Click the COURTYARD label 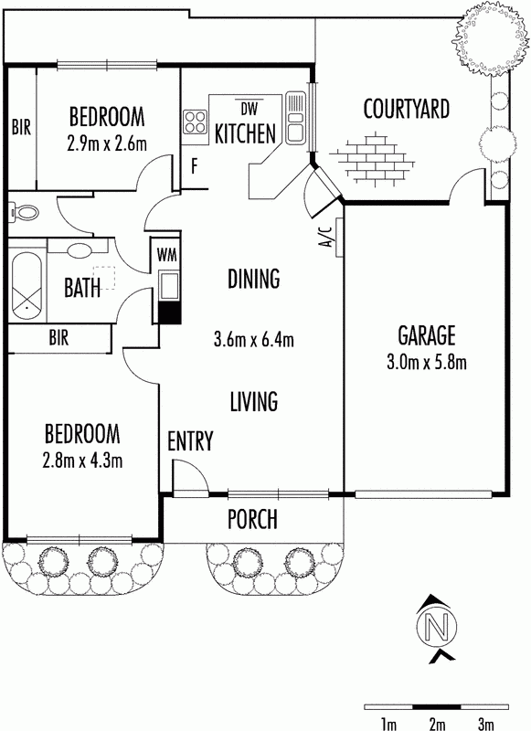point(406,109)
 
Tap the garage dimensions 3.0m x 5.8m point(427,363)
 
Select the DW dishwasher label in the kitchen point(250,109)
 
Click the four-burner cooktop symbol point(196,122)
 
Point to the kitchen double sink point(294,117)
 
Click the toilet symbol point(24,213)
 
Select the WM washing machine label point(166,255)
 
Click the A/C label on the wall point(327,237)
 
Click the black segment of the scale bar point(436,706)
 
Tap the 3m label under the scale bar point(485,724)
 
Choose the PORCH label point(252,519)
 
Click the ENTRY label point(190,440)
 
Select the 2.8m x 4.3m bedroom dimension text point(82,461)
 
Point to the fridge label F point(195,166)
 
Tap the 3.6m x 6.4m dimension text point(253,339)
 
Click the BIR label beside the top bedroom point(21,127)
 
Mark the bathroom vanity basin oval point(80,251)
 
